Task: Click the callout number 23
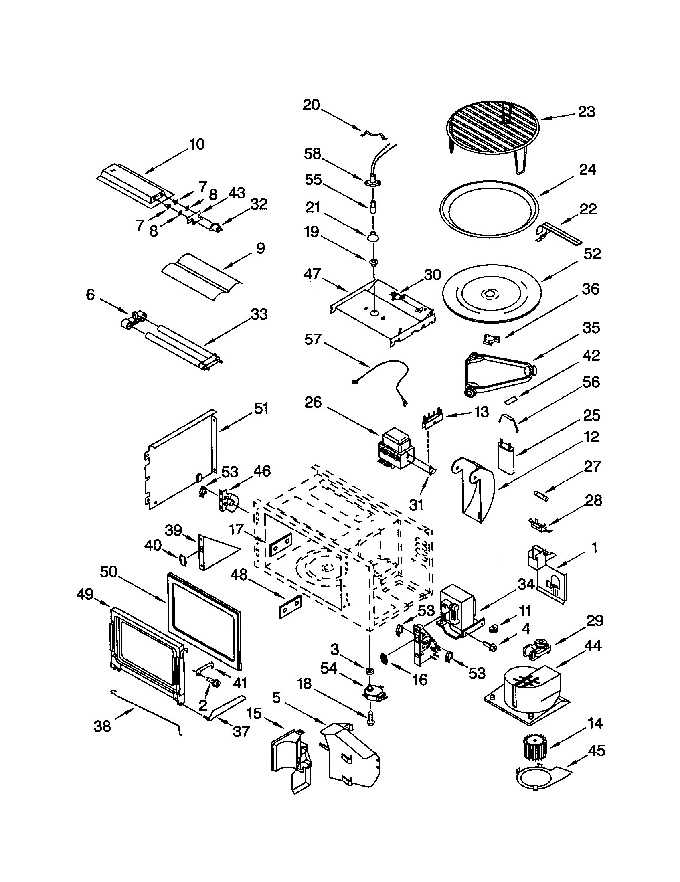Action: (x=586, y=112)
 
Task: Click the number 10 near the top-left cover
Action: (x=197, y=144)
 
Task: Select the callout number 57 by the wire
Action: (x=313, y=340)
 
